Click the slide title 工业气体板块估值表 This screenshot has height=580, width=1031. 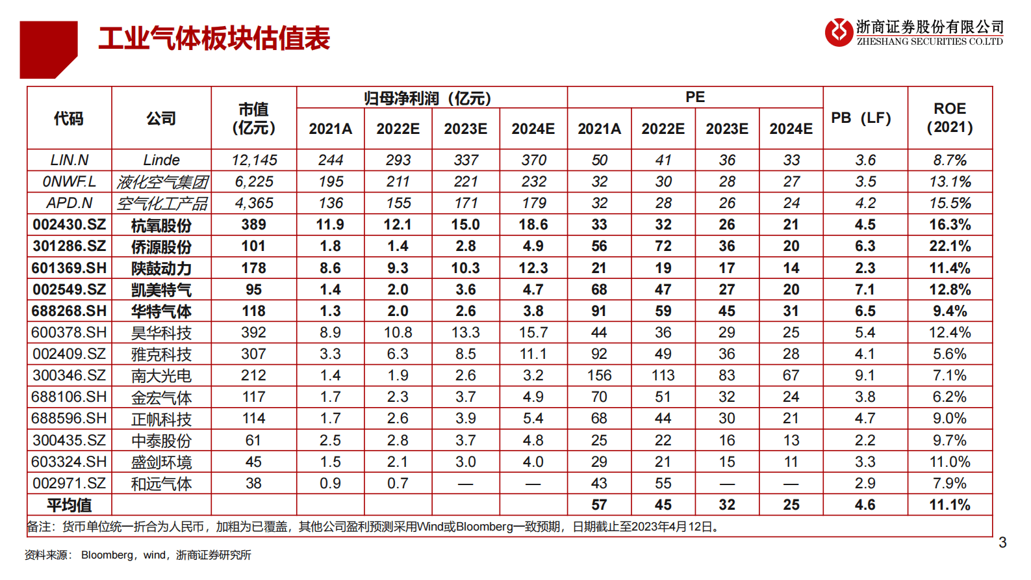214,38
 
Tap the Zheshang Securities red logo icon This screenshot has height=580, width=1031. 838,32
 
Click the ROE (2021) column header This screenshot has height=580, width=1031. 949,118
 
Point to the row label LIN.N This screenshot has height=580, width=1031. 69,160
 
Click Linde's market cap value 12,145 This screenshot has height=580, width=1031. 253,160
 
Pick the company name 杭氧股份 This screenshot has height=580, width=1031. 161,226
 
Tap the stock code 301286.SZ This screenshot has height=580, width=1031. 69,246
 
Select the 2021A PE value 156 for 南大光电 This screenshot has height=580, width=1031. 599,376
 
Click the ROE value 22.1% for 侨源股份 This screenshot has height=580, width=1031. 949,246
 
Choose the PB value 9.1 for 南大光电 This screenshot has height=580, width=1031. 865,376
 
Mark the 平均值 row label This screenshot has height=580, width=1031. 69,505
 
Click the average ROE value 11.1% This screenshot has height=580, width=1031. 949,505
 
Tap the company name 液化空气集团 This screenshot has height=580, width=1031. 162,182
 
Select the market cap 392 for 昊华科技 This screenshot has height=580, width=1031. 253,333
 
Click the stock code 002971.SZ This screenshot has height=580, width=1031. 69,484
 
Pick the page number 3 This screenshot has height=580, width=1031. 1002,542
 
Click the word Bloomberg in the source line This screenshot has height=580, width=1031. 107,555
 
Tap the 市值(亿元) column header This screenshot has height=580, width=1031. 253,118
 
